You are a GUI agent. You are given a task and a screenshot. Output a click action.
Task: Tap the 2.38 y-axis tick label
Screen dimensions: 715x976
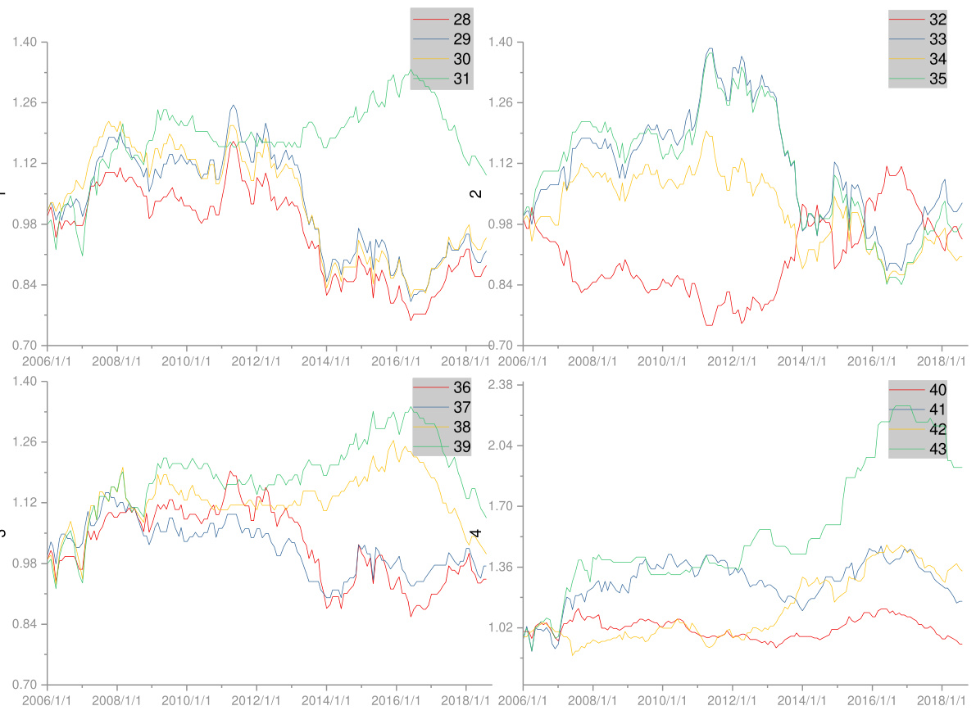point(502,385)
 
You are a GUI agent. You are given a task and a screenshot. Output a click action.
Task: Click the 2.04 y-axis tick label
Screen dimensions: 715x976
point(502,446)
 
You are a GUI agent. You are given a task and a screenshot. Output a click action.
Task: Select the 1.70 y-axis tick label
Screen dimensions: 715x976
point(502,506)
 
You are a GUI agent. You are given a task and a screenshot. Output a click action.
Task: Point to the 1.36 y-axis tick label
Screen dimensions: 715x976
point(502,567)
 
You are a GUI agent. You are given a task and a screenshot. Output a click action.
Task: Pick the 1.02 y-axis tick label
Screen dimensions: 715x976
point(502,627)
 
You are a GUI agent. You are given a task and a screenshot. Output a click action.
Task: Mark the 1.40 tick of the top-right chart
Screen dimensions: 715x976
point(502,42)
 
